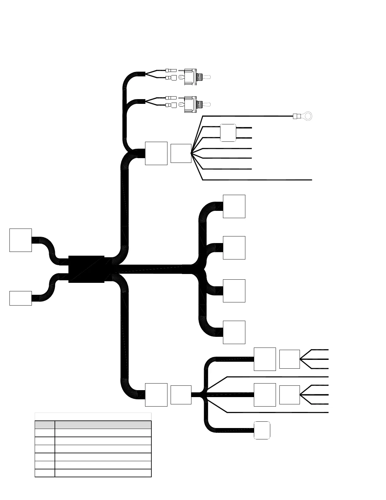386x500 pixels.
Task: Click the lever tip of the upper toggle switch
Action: point(208,77)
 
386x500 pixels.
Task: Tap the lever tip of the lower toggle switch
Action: point(208,104)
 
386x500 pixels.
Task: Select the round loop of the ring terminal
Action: point(309,116)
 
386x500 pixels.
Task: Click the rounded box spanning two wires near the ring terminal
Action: point(228,133)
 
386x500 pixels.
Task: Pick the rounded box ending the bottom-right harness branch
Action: point(262,430)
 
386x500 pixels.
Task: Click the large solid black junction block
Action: point(86,269)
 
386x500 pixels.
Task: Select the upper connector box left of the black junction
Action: point(20,240)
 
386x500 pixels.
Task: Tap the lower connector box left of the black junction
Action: point(20,298)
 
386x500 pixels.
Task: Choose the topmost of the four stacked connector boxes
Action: point(234,206)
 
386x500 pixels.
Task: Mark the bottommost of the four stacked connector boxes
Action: point(234,332)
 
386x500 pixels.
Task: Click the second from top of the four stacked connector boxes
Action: point(234,248)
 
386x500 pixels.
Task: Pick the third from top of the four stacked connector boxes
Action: point(234,291)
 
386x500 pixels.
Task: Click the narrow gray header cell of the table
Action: point(45,425)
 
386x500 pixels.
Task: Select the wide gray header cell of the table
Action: point(103,425)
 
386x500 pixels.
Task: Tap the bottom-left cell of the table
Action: point(45,473)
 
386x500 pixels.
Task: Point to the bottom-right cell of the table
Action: point(103,473)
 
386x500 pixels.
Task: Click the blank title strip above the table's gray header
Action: point(93,417)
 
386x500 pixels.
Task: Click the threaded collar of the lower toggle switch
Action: point(199,104)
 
